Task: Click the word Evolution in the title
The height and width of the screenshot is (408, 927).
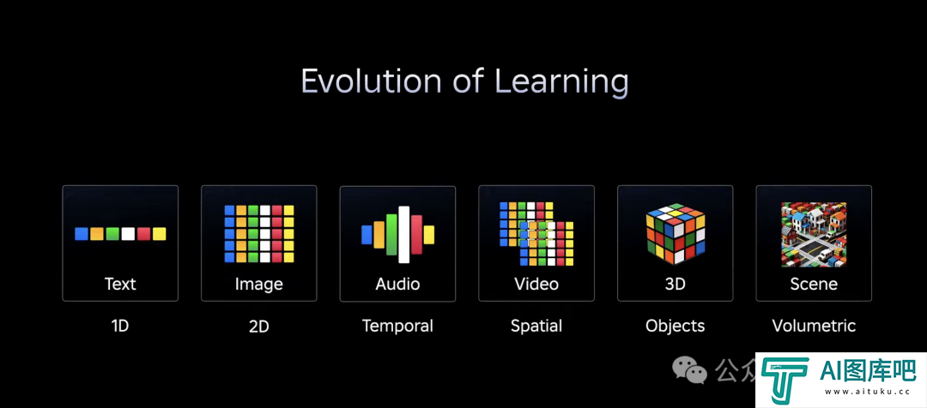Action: click(x=372, y=81)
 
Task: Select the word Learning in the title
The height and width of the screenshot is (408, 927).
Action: click(x=561, y=82)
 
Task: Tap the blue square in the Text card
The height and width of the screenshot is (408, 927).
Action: click(x=82, y=234)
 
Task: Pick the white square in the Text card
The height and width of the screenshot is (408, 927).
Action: click(x=128, y=234)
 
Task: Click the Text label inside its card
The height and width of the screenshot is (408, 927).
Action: click(x=120, y=284)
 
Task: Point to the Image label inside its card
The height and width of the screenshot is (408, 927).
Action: click(x=259, y=284)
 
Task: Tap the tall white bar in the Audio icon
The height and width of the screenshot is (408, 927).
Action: click(x=404, y=234)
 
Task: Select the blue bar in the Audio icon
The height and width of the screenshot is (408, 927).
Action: click(x=367, y=234)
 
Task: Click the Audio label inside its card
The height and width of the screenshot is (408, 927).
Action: click(x=398, y=284)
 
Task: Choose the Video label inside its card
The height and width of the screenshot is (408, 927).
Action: click(x=536, y=284)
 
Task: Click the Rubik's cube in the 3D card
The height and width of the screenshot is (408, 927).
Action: click(x=676, y=234)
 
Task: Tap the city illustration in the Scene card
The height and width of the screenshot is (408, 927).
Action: click(x=814, y=234)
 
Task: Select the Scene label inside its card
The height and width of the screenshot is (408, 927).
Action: click(x=814, y=284)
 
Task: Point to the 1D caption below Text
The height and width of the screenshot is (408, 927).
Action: click(x=120, y=326)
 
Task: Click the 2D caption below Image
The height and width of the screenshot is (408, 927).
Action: click(x=259, y=327)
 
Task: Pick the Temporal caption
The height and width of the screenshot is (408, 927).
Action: click(x=398, y=326)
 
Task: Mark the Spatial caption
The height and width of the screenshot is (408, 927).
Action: click(x=536, y=326)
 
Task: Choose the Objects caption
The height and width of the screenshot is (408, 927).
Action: click(x=676, y=326)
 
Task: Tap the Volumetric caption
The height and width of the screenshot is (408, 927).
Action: click(x=814, y=326)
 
